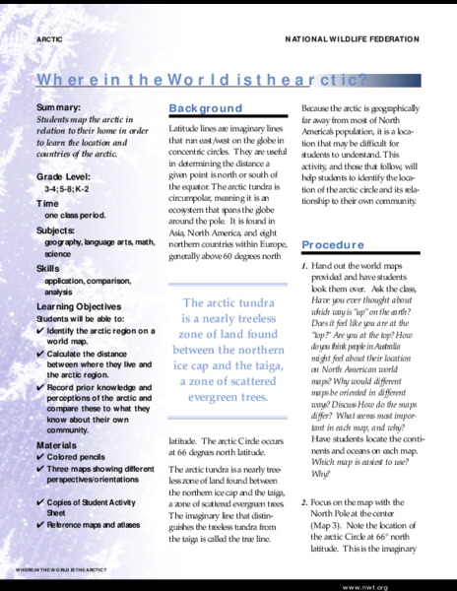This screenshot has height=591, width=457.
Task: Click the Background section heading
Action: tap(205, 108)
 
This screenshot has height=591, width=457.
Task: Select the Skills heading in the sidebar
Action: tap(48, 268)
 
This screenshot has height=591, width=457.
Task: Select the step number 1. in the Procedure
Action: tap(305, 267)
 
